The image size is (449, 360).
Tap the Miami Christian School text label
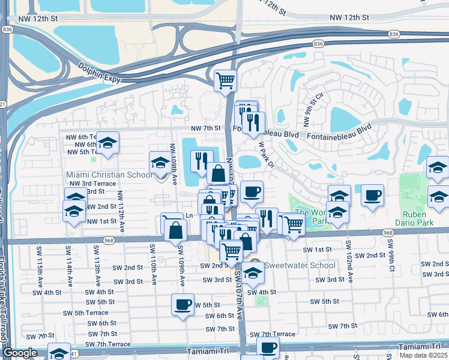tap(109, 175)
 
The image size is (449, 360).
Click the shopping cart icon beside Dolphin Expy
tap(225, 80)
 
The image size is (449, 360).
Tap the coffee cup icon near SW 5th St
tap(182, 304)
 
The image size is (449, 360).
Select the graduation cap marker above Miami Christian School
tap(160, 162)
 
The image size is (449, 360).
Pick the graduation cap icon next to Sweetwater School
tap(253, 272)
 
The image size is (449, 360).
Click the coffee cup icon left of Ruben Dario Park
tap(373, 195)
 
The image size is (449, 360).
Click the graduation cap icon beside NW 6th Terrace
tap(108, 143)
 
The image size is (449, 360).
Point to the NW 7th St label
tap(206, 128)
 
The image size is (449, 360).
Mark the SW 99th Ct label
tap(391, 253)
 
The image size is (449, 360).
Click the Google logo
tap(20, 353)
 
